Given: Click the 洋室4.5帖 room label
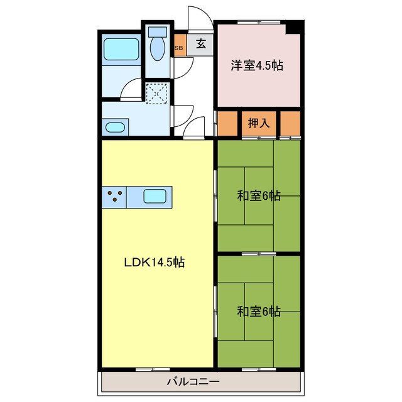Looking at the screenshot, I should (256, 65).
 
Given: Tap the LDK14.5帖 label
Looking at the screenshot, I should (153, 262).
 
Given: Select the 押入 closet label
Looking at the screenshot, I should (258, 123).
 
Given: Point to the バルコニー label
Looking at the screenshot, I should (193, 381).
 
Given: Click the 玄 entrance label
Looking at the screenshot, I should (200, 44).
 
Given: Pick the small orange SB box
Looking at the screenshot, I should (179, 48).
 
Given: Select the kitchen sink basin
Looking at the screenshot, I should (155, 196).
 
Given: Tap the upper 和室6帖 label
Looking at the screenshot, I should (258, 196).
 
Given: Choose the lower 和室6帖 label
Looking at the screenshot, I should (258, 311).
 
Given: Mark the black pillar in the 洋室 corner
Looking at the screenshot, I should (293, 28).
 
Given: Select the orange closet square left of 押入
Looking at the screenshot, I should (227, 123).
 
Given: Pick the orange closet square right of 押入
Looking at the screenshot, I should (290, 123).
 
